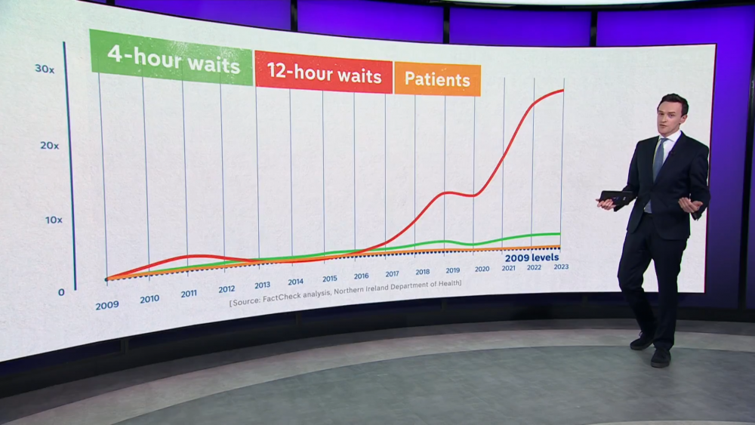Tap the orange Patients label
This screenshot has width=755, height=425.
coord(437,79)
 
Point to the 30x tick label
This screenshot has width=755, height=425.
coord(45,69)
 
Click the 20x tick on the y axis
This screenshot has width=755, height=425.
coord(49,144)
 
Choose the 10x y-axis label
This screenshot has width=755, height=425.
coord(52,220)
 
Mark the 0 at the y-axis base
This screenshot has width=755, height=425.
coord(61,292)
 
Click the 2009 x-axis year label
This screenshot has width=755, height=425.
coord(106,305)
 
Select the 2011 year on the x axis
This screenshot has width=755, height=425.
coord(189,293)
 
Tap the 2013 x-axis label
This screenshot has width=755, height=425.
coord(262,285)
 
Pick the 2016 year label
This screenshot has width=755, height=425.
coord(361,276)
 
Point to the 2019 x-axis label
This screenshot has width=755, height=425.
coord(452,270)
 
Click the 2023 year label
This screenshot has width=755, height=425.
coord(561,266)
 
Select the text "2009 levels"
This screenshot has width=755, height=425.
coord(532,257)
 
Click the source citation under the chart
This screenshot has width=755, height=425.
coord(345,289)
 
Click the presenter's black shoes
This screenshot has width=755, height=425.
coord(651,349)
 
